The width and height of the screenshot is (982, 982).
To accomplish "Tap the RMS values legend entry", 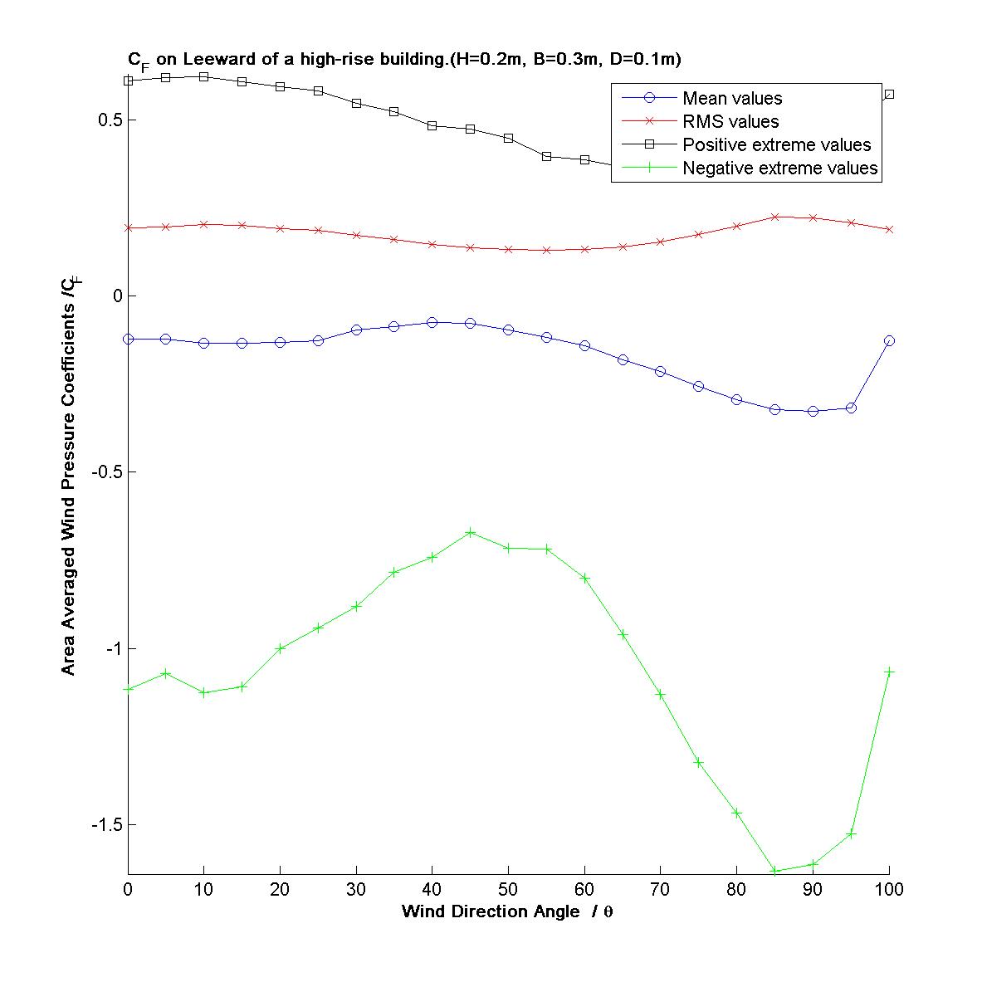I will click(730, 122).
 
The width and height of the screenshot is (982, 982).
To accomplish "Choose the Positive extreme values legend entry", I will click(776, 145).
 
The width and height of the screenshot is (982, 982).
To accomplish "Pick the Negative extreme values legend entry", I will click(779, 169).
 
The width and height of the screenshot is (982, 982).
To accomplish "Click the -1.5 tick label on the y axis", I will click(106, 825).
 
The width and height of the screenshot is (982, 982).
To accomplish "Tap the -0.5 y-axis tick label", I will click(106, 472).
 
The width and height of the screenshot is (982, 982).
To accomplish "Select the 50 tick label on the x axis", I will click(508, 890).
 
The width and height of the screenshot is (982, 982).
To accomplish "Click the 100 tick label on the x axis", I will click(889, 890).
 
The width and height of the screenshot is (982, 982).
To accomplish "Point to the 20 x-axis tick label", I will click(280, 890).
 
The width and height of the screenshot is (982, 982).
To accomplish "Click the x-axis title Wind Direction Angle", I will click(507, 911).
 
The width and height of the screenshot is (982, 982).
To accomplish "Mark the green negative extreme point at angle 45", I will click(471, 532).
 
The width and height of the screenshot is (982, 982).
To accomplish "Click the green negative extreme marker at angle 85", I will click(774, 871).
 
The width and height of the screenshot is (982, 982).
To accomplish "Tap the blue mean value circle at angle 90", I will click(813, 411).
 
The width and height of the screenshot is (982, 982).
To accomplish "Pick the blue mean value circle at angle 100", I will click(889, 340).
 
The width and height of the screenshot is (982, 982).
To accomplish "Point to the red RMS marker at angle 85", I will click(774, 217).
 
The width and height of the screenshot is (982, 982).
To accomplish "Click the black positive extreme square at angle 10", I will click(203, 76).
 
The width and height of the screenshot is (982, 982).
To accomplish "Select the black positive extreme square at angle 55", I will click(546, 156).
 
